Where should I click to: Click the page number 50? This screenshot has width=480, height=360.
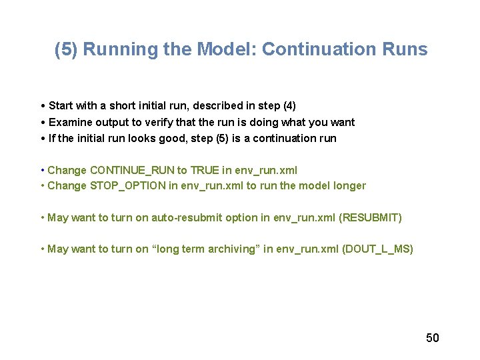[433, 338]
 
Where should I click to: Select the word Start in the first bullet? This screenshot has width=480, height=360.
[61, 106]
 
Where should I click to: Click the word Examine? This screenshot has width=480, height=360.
[70, 123]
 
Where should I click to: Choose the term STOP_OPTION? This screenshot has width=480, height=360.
[127, 186]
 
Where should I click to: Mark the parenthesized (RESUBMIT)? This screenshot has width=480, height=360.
[369, 218]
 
